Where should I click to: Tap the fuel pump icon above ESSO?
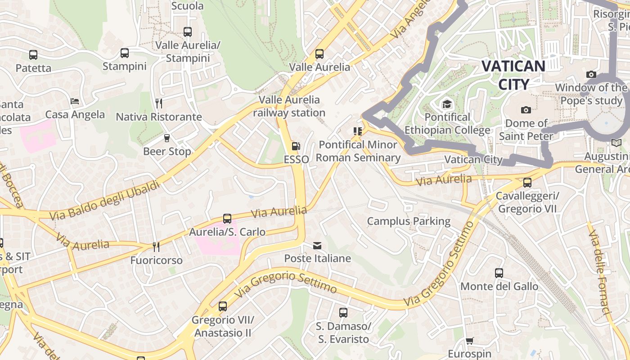296,146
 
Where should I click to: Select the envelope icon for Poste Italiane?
317,245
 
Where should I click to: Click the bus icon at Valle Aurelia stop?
319,54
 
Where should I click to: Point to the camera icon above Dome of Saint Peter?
526,110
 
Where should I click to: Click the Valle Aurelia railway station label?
289,106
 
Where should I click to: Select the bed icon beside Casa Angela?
75,101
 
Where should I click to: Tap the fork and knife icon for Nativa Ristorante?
158,103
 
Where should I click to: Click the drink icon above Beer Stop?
167,138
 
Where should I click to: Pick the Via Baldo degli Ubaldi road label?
104,201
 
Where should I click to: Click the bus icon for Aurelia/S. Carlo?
227,219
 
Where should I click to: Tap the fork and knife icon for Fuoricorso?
156,247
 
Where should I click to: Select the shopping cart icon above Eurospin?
469,341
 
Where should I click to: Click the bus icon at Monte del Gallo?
499,273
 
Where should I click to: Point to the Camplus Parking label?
409,221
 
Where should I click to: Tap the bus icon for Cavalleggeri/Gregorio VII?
527,183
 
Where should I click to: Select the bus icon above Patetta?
33,55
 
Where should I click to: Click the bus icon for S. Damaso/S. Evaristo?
343,312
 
